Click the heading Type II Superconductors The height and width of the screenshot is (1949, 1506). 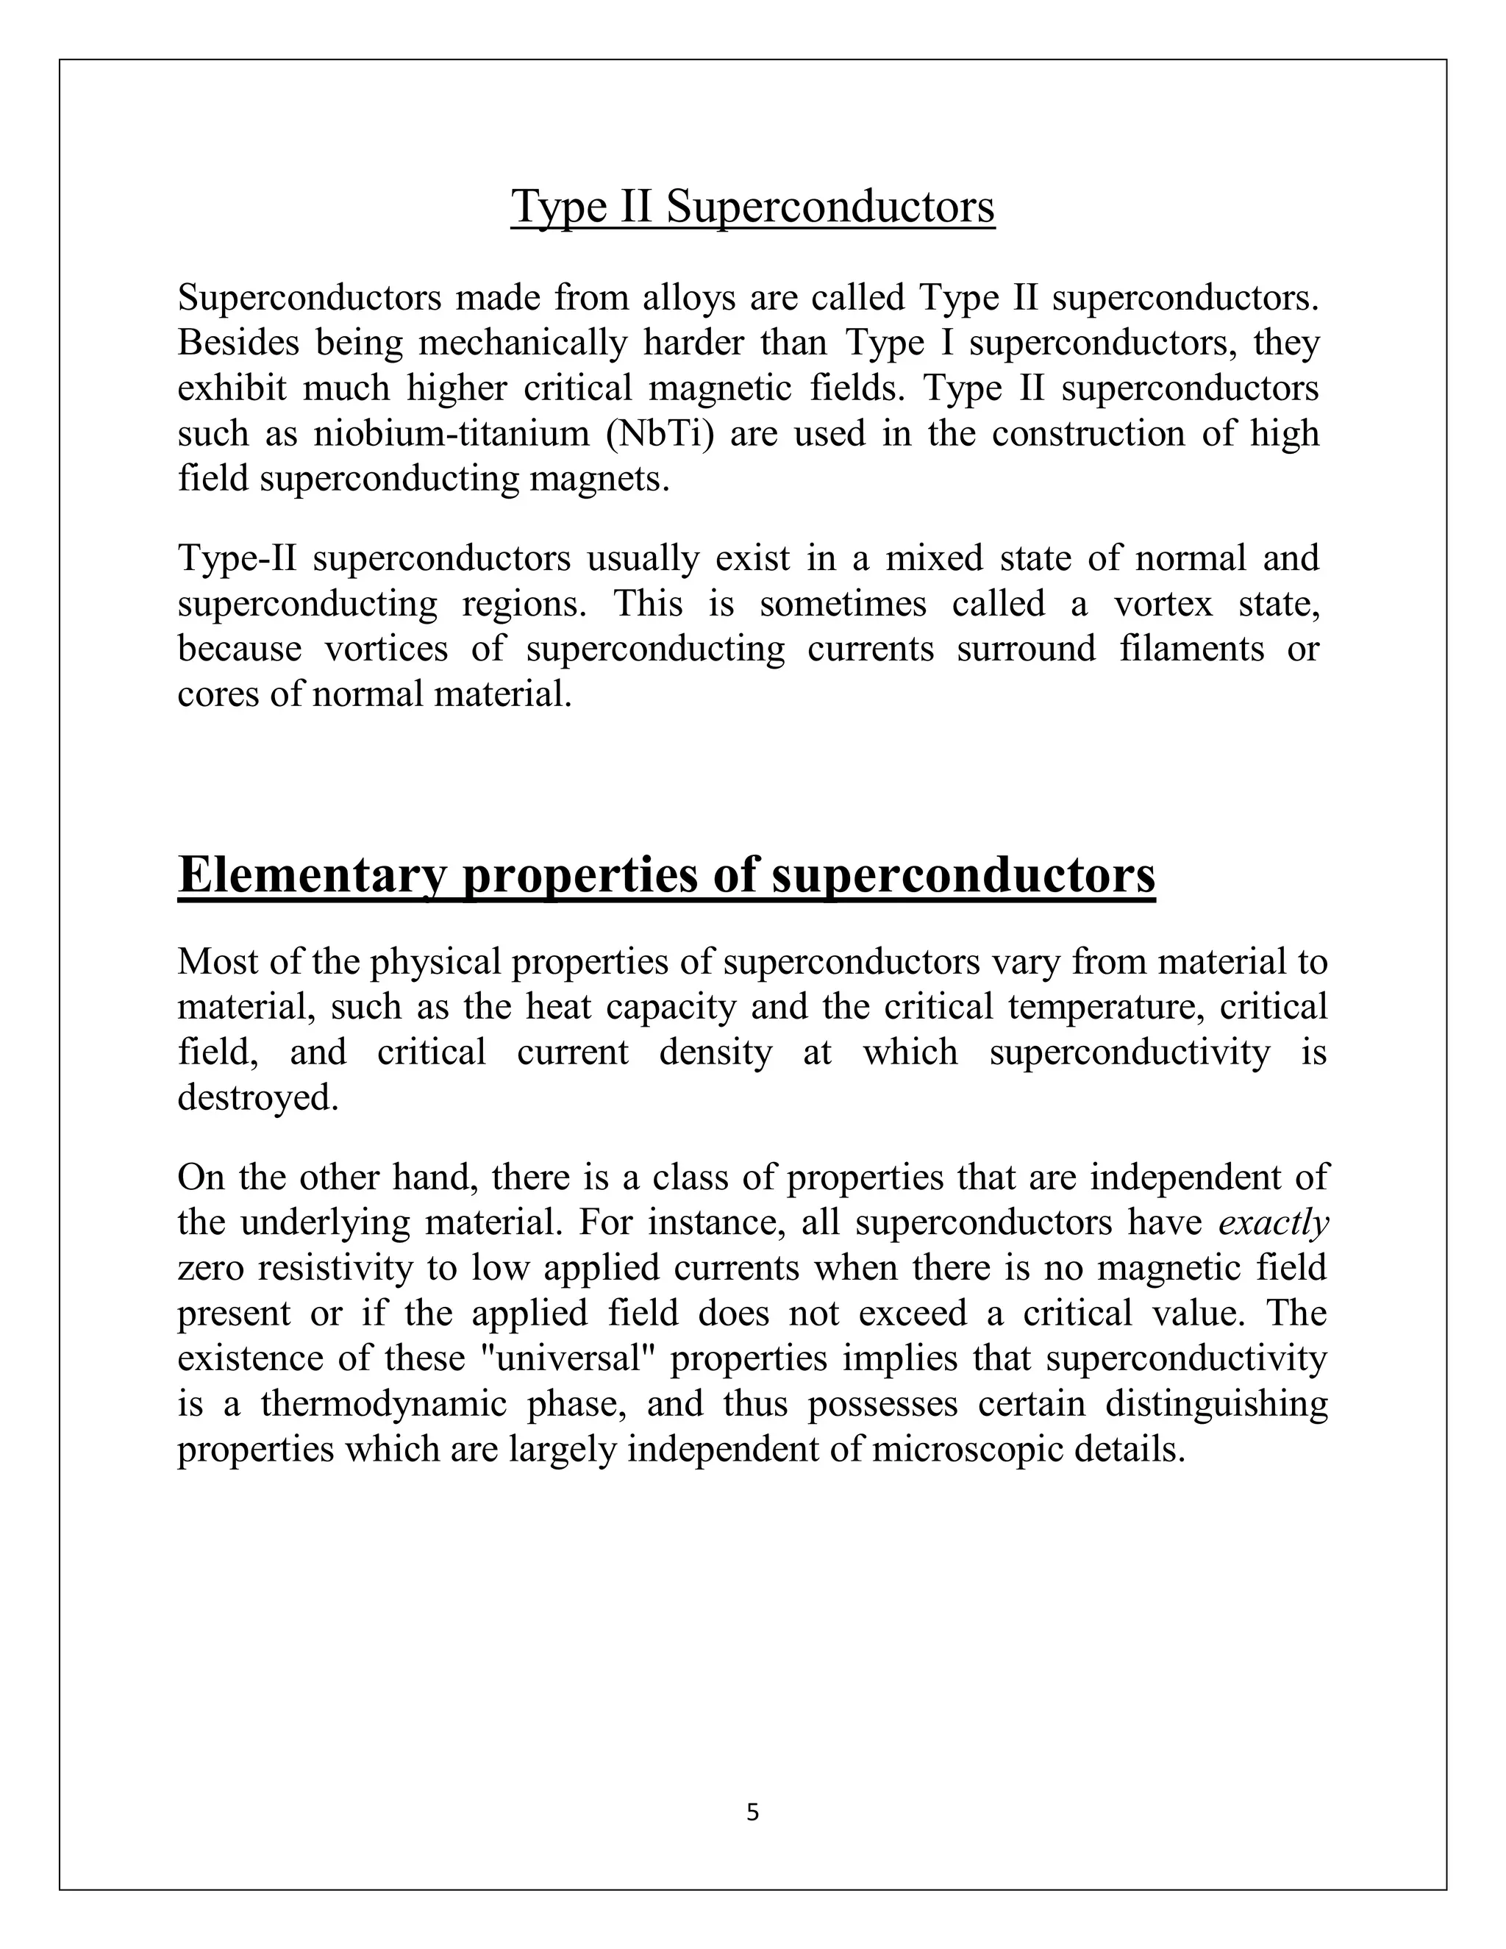click(752, 207)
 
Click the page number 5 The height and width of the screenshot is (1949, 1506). click(752, 1812)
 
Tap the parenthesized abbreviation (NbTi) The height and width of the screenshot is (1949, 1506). click(658, 434)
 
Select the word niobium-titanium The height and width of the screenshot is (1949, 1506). click(452, 434)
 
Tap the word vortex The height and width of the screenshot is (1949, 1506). click(1163, 604)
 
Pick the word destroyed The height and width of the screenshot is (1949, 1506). click(258, 1097)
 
